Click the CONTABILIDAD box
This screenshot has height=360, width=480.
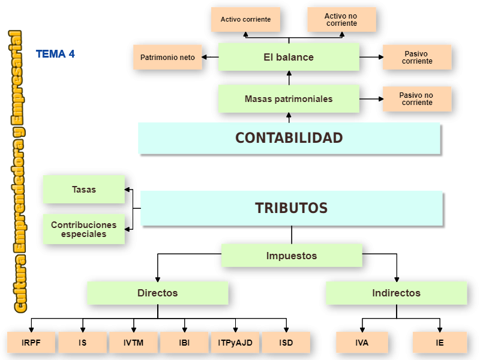point(289,138)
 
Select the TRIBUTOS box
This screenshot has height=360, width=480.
point(292,208)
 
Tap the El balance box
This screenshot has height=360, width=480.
point(289,57)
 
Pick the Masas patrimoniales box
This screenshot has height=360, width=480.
point(289,99)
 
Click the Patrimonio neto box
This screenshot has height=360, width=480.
point(167,58)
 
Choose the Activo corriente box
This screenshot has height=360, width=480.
point(245,19)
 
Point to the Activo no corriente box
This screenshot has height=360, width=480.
point(341,19)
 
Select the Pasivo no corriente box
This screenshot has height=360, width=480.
point(417,99)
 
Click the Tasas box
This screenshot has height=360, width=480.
point(84,190)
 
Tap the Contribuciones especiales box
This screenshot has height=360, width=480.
point(84,229)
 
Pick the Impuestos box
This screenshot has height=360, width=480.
point(292,256)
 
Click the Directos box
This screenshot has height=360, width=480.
point(158,293)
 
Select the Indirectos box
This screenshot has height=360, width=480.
point(396,293)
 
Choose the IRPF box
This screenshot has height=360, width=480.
point(31,343)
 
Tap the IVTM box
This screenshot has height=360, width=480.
point(133,343)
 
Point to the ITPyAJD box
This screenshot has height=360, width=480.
point(235,343)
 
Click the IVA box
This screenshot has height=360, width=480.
point(362,343)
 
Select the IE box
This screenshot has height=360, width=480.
point(440,343)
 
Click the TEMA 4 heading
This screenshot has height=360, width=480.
point(55,54)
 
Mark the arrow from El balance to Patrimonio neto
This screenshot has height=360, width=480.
point(210,58)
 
